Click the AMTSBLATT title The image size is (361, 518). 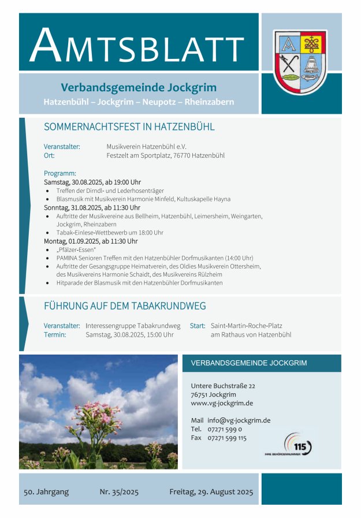(x=137, y=45)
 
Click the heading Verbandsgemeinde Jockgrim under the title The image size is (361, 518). (x=139, y=88)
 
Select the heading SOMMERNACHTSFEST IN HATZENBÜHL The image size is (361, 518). (x=129, y=127)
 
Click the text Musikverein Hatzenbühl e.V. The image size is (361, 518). (x=146, y=147)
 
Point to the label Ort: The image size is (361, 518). (x=49, y=155)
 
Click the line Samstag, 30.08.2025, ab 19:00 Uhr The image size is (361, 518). (x=92, y=182)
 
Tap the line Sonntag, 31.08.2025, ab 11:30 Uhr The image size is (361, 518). (x=92, y=207)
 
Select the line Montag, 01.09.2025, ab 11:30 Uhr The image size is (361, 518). (x=91, y=241)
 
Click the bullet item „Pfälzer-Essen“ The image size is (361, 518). (x=76, y=249)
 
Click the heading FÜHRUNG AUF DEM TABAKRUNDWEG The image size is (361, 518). (x=125, y=306)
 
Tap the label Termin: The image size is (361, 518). (x=55, y=334)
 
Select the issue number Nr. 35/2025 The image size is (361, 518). (x=119, y=493)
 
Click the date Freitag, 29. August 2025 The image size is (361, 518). (x=211, y=493)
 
